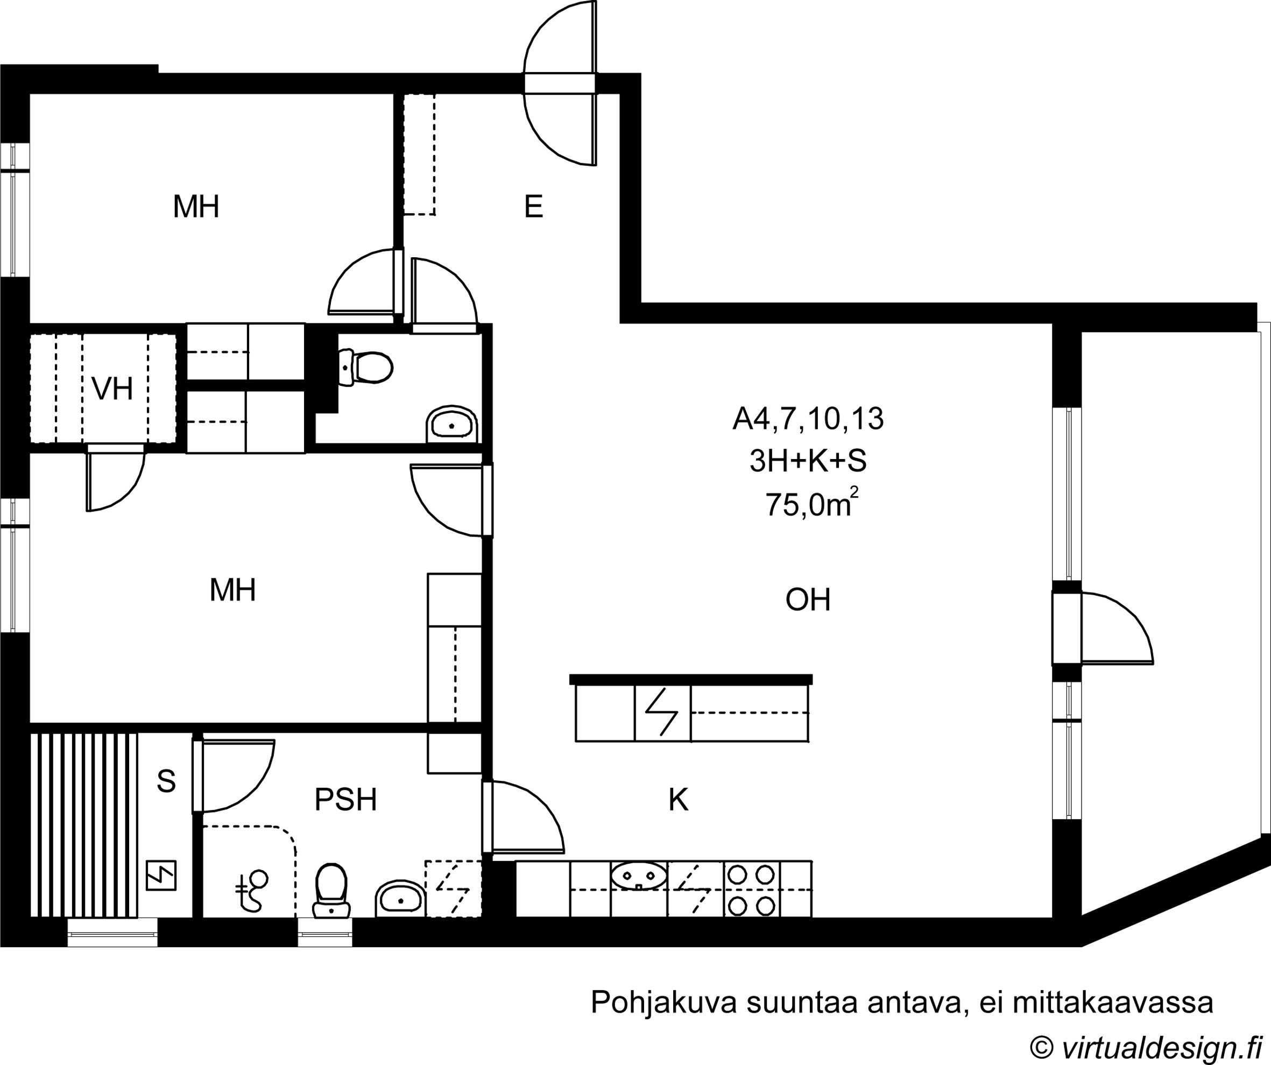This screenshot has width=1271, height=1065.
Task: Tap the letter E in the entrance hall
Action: point(533,207)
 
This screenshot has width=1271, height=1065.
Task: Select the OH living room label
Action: point(808,600)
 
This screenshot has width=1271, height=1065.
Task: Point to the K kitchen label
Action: point(679,800)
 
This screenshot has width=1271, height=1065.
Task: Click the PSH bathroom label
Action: point(345,800)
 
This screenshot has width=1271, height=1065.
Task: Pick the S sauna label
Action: point(166,781)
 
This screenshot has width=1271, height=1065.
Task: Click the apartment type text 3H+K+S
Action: point(808,461)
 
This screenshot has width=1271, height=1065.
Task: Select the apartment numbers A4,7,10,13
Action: point(808,419)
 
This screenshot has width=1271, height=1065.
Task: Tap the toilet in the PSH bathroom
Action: point(331,891)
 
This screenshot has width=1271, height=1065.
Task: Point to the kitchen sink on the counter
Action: point(639,876)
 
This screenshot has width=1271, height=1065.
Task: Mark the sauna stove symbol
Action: point(161,876)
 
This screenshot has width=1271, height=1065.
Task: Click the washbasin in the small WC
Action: point(453,425)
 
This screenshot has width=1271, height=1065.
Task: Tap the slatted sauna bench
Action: point(84,826)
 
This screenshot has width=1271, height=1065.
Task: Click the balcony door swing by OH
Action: point(1117,628)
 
